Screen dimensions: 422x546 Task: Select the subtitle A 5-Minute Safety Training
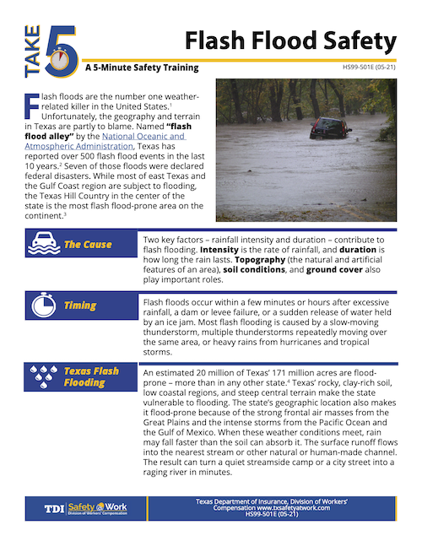click(x=142, y=68)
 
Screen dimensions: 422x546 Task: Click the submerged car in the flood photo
click(x=330, y=127)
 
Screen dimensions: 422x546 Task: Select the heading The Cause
click(x=88, y=245)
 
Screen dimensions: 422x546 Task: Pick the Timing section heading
click(x=80, y=305)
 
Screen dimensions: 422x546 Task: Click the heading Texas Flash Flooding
click(x=91, y=376)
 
